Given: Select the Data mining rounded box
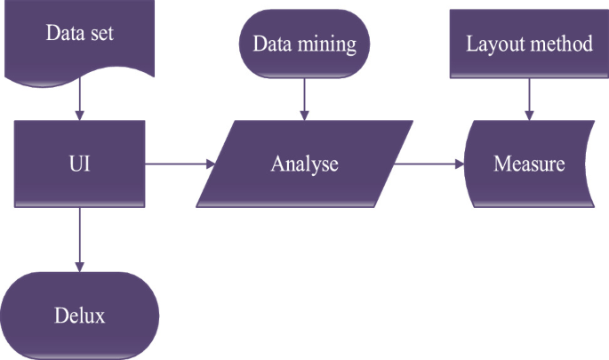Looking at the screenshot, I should (x=305, y=44).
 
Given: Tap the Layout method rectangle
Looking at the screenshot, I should (x=529, y=44).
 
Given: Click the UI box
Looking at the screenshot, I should (x=80, y=164).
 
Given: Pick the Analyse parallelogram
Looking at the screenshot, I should (x=305, y=164).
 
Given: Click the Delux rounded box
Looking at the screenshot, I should (x=80, y=316).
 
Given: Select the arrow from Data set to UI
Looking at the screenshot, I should (x=80, y=100).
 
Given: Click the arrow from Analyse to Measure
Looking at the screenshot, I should (x=429, y=164).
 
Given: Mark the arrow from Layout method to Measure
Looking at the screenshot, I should (x=530, y=98).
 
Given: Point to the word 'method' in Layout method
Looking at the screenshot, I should (x=562, y=44).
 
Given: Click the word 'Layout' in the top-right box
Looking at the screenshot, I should (x=497, y=44).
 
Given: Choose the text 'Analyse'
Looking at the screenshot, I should (x=305, y=164).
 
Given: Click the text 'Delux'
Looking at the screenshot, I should (x=80, y=316).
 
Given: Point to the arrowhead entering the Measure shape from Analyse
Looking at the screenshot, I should (x=461, y=164).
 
